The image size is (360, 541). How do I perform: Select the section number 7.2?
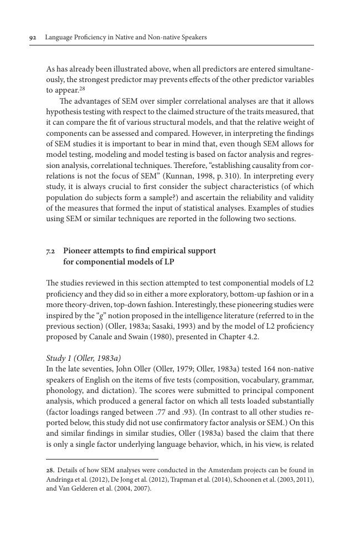[x=50, y=251]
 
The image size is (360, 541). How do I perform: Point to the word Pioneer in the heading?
[x=79, y=251]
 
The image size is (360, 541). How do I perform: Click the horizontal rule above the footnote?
[x=102, y=459]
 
